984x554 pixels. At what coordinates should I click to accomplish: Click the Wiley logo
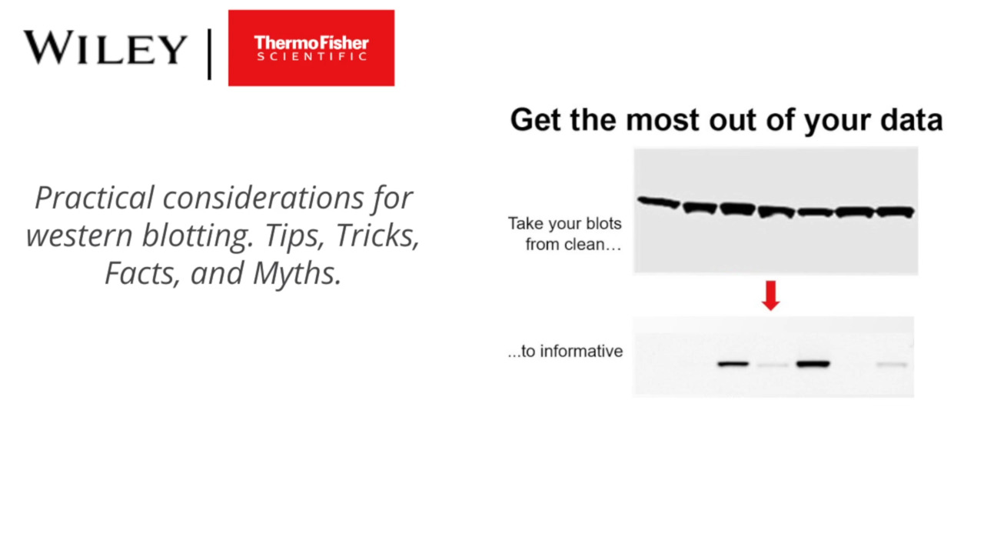coord(105,48)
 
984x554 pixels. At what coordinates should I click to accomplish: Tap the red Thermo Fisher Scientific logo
coord(311,48)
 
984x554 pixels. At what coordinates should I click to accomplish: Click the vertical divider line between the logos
coord(210,54)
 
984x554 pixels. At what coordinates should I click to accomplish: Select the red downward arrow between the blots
coord(770,295)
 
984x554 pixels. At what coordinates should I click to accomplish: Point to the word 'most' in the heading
coord(662,120)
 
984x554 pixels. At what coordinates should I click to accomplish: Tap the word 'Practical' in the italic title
coord(95,198)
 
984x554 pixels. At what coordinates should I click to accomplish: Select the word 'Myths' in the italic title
coord(297,273)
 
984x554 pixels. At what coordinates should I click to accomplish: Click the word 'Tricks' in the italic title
coord(377,235)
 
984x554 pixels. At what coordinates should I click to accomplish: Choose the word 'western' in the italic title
coord(79,236)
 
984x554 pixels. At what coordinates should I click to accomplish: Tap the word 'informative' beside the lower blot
coord(581,351)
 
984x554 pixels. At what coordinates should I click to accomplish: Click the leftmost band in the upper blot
coord(659,202)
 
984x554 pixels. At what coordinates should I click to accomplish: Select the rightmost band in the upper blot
coord(896,212)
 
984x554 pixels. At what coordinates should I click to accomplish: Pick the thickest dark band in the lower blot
coord(813,364)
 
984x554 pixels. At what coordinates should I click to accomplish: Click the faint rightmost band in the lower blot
coord(892,365)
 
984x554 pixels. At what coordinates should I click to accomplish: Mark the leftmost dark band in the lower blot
coord(733,364)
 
